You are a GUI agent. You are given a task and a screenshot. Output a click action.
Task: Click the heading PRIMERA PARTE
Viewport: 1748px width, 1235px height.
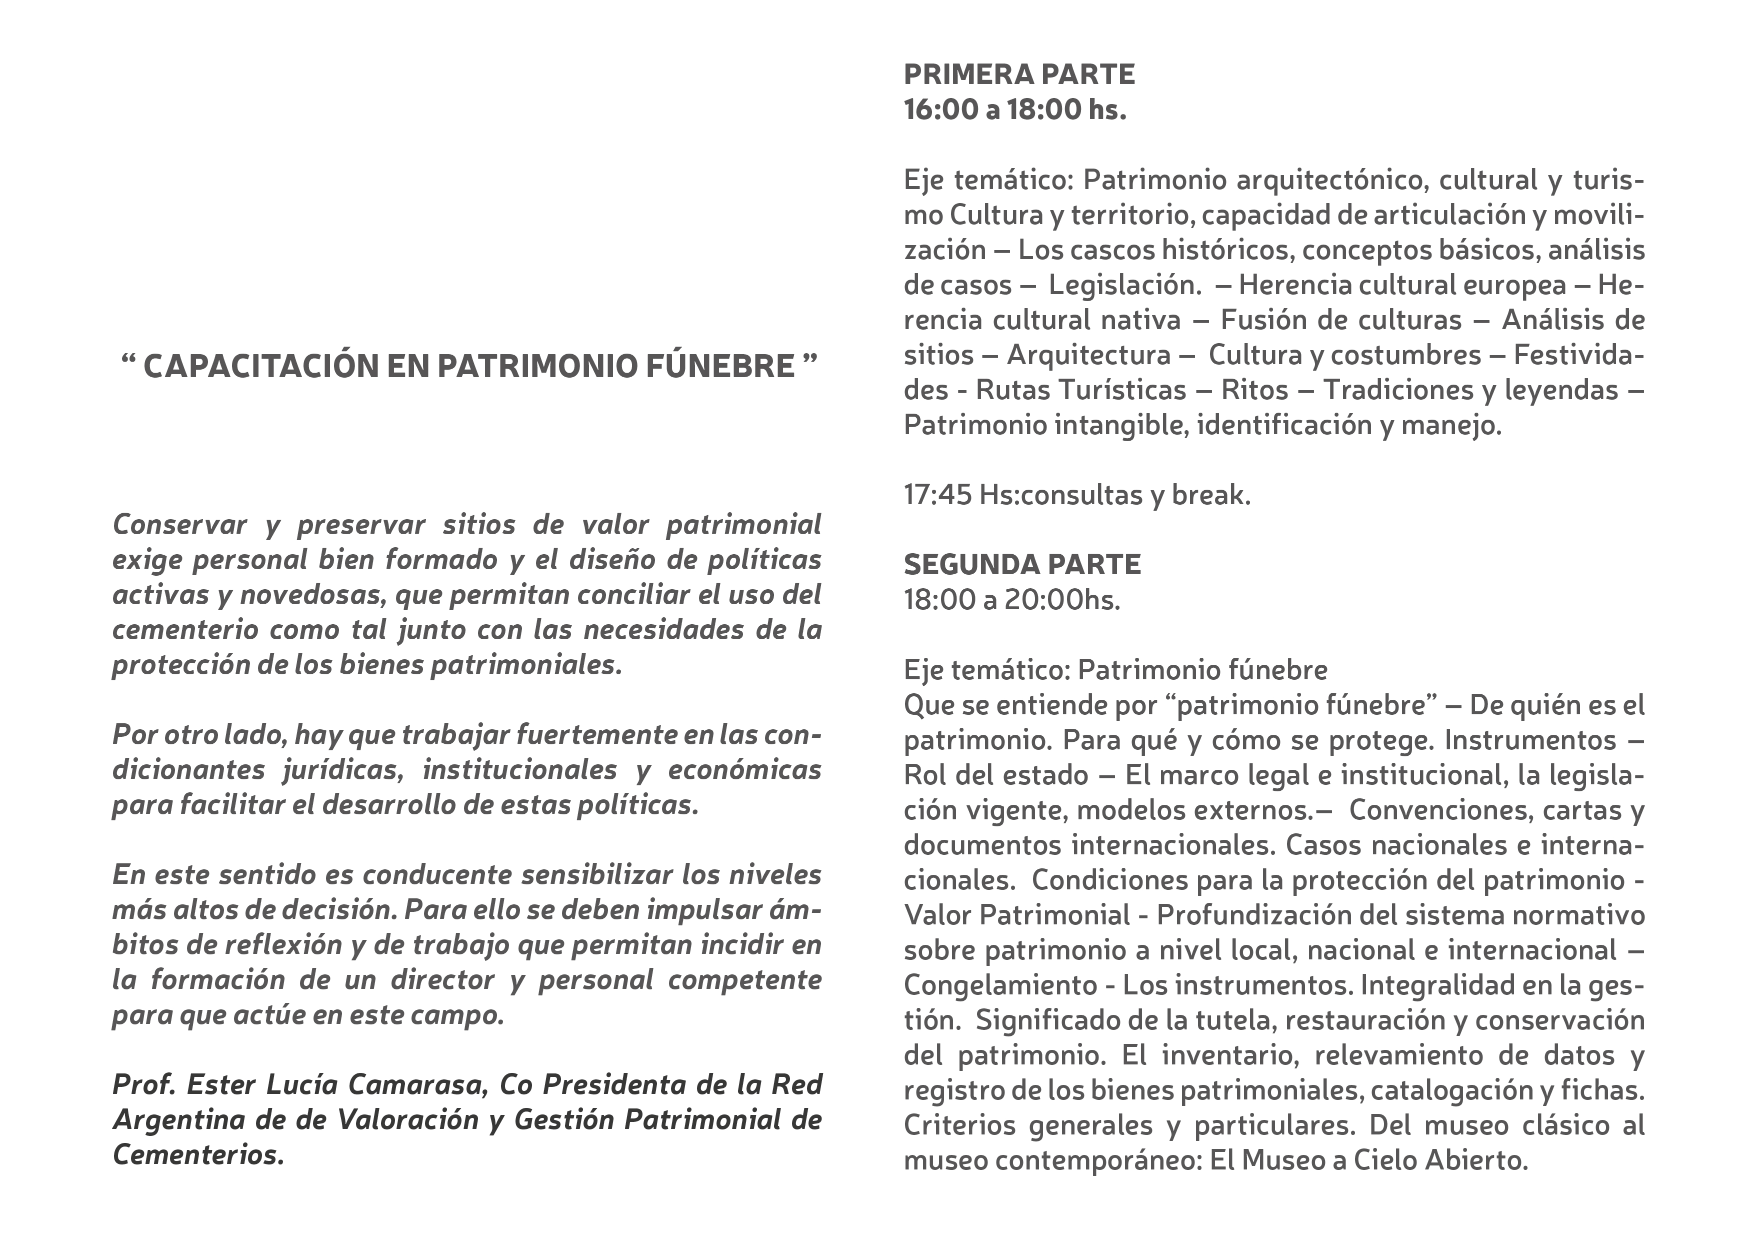[1018, 75]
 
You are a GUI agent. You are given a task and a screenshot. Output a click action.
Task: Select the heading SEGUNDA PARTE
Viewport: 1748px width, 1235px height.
[1021, 565]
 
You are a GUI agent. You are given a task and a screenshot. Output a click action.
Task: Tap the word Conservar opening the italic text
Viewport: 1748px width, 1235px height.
[179, 525]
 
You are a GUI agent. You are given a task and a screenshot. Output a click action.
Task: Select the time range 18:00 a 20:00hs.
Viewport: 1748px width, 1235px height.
[1012, 600]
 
